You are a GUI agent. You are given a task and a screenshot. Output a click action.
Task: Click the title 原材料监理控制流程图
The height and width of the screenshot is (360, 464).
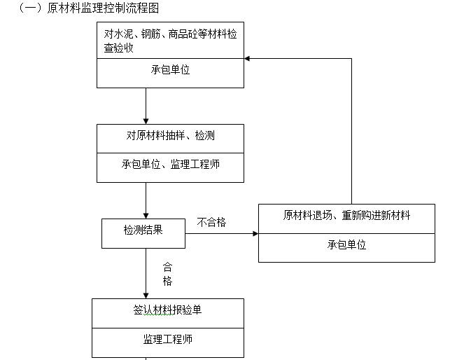point(101,8)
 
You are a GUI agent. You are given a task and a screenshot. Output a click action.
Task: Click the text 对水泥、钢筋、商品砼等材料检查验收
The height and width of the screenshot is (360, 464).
point(170,39)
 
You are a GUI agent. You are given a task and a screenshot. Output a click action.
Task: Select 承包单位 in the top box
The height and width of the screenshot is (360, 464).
point(170,71)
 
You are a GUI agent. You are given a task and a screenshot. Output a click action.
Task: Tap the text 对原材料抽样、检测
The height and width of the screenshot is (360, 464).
point(170,134)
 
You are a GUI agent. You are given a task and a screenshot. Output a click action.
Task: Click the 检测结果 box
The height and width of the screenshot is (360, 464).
point(143,233)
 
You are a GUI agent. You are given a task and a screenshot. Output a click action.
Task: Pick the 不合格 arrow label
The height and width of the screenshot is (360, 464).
point(211,223)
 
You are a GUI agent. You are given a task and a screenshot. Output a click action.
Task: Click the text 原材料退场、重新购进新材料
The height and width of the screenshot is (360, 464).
point(346,215)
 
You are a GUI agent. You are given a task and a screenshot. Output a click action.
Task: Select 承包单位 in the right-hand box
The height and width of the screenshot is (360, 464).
point(346,245)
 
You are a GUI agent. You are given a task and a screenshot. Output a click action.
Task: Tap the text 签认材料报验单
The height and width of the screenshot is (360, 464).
point(168,310)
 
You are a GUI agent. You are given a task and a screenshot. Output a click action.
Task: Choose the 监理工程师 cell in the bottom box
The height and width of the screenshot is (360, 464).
point(168,340)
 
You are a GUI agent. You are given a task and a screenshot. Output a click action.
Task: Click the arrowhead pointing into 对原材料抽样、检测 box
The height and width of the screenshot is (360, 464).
point(146,120)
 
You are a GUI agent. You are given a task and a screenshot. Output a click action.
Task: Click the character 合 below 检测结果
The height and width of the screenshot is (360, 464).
point(167,267)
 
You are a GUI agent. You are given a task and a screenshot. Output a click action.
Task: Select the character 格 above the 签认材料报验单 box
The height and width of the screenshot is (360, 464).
point(167,281)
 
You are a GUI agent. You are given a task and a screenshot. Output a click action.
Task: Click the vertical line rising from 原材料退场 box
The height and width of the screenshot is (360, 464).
point(351,133)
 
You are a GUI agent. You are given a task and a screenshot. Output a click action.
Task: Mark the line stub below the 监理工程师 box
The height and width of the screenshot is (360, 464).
point(146,358)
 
